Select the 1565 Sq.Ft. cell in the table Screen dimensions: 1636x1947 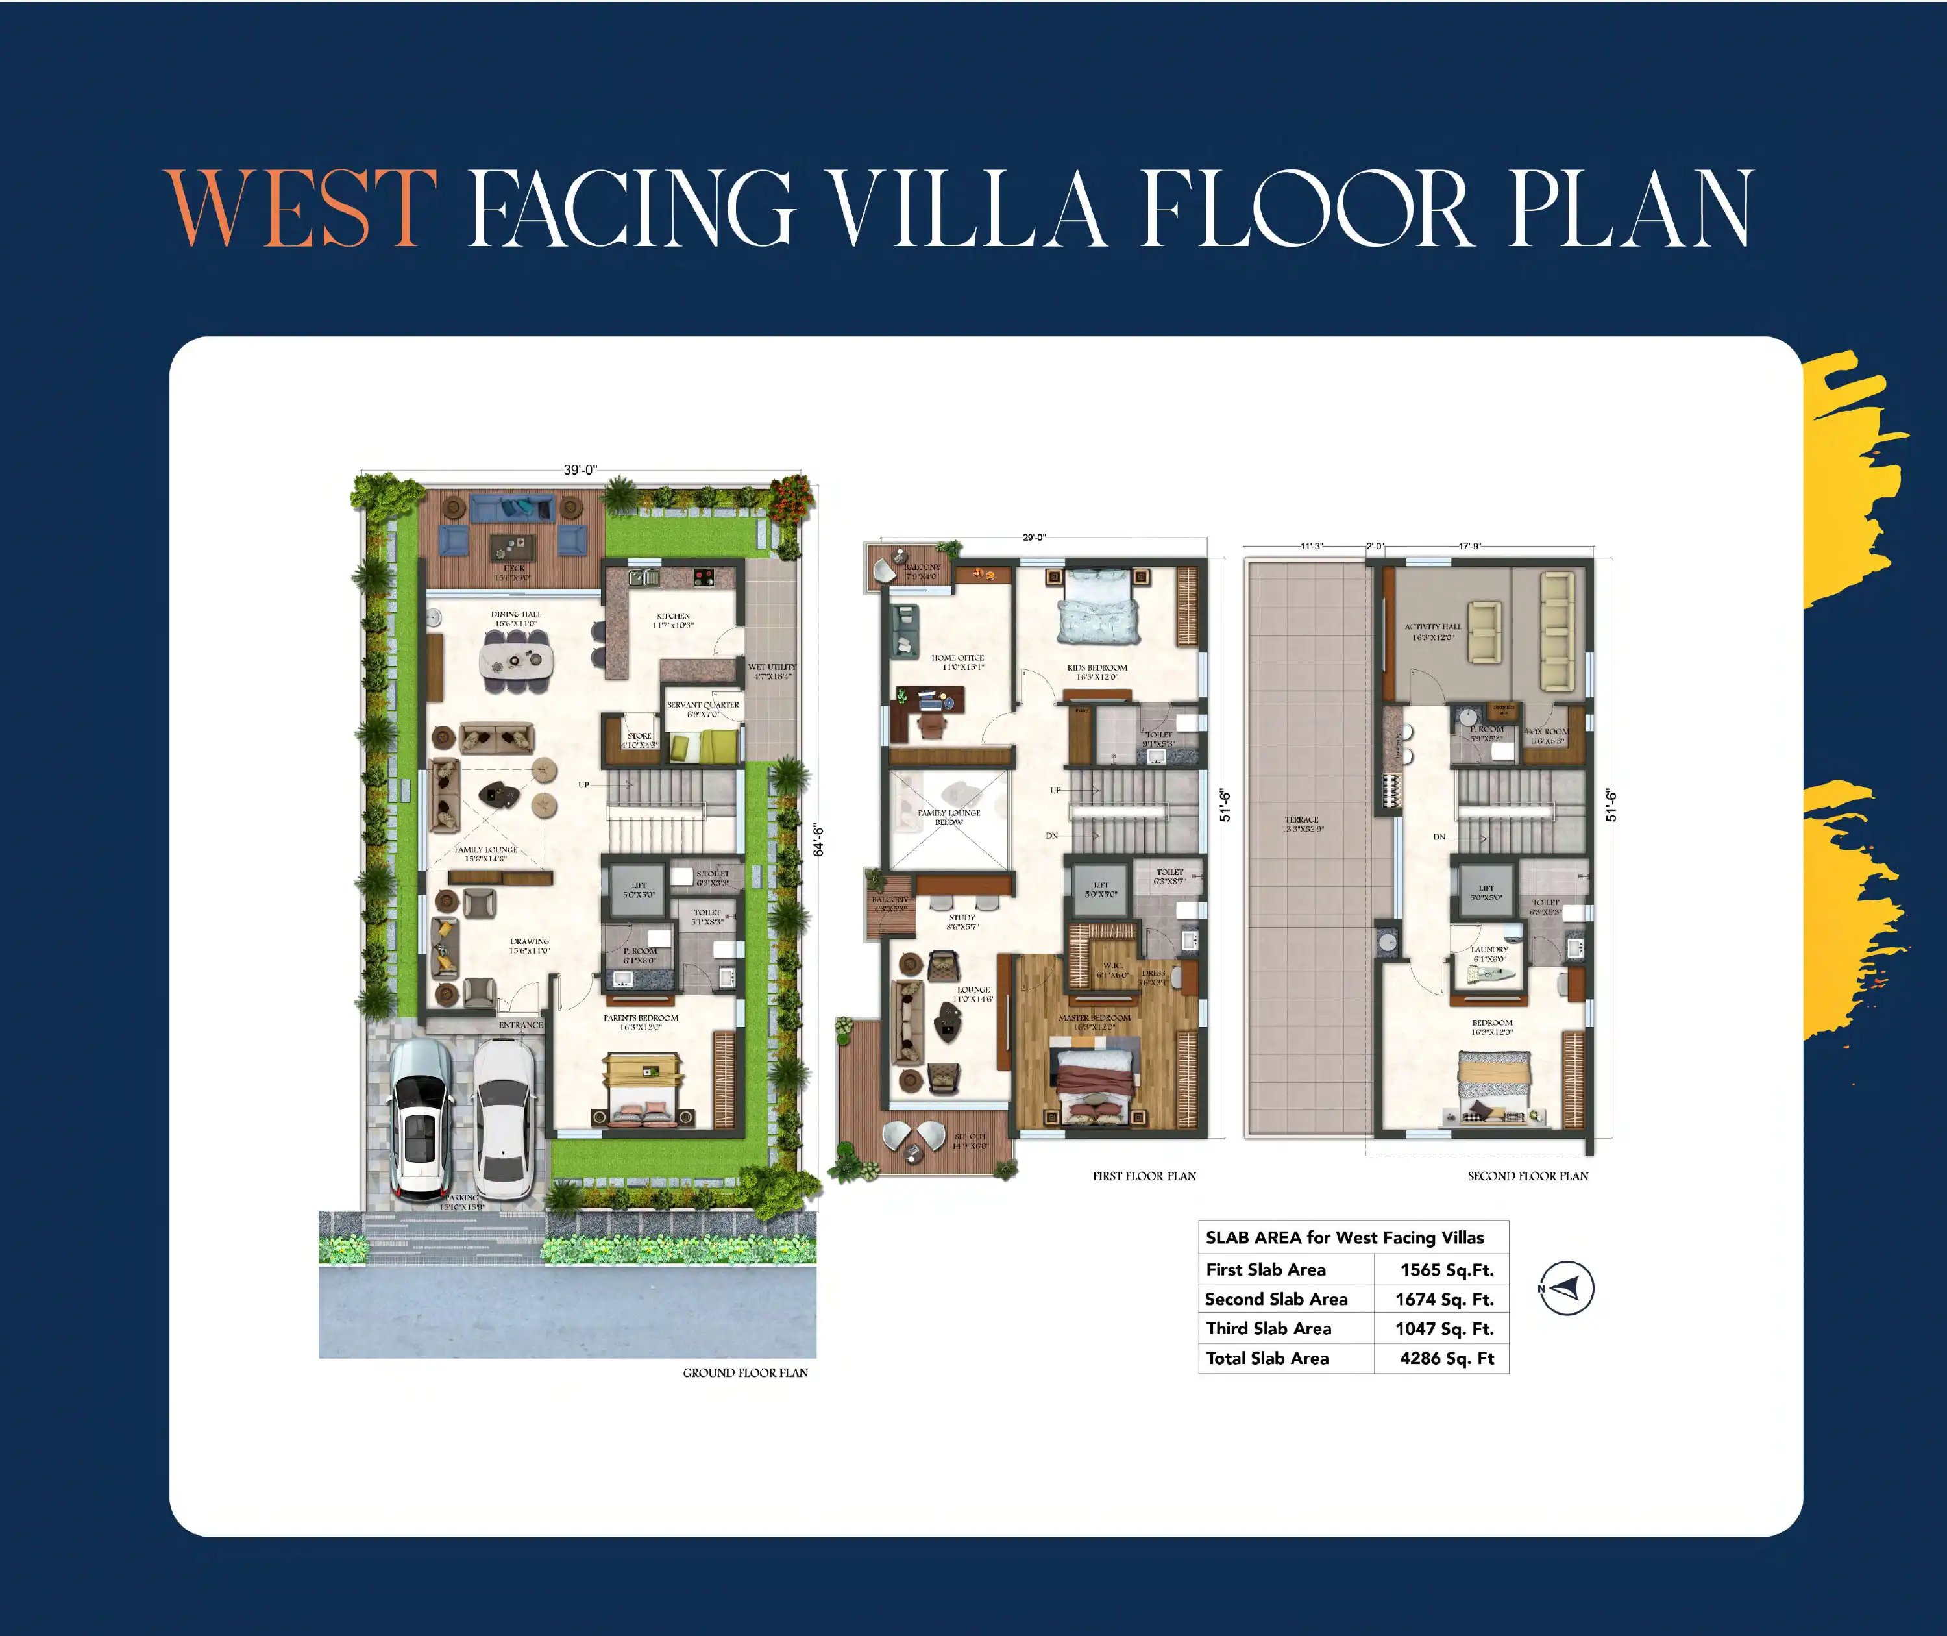click(x=1447, y=1270)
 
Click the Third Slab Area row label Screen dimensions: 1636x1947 click(x=1268, y=1329)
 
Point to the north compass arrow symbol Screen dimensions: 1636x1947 click(x=1566, y=1288)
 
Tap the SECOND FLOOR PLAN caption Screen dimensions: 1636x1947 click(x=1527, y=1176)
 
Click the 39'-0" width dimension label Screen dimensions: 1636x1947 click(x=580, y=470)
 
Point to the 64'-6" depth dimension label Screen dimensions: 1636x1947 click(x=818, y=840)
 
